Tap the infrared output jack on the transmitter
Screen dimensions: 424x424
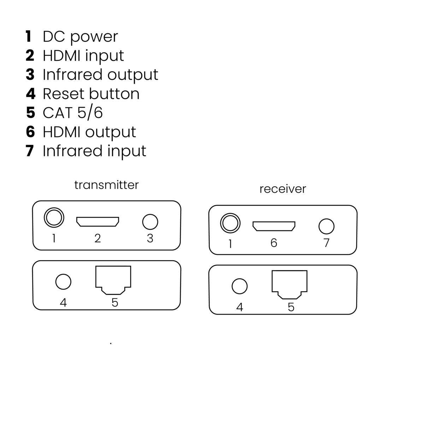pyautogui.click(x=150, y=222)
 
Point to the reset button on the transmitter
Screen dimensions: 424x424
pyautogui.click(x=63, y=282)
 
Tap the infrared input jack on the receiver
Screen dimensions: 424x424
pyautogui.click(x=326, y=226)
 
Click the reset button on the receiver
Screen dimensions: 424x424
pyautogui.click(x=240, y=286)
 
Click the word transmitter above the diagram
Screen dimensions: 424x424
pyautogui.click(x=106, y=185)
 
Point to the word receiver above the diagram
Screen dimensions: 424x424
pyautogui.click(x=283, y=189)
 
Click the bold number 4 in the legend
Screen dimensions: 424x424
pyautogui.click(x=31, y=94)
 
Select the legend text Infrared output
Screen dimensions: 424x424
pyautogui.click(x=100, y=75)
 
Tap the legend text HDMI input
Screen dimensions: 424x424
pyautogui.click(x=83, y=56)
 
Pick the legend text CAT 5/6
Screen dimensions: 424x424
pyautogui.click(x=73, y=113)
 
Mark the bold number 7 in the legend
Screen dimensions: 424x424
pyautogui.click(x=30, y=151)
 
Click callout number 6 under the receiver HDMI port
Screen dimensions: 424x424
pyautogui.click(x=274, y=243)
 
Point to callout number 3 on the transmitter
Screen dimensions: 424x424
pyautogui.click(x=150, y=238)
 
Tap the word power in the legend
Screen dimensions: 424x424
pyautogui.click(x=94, y=37)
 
